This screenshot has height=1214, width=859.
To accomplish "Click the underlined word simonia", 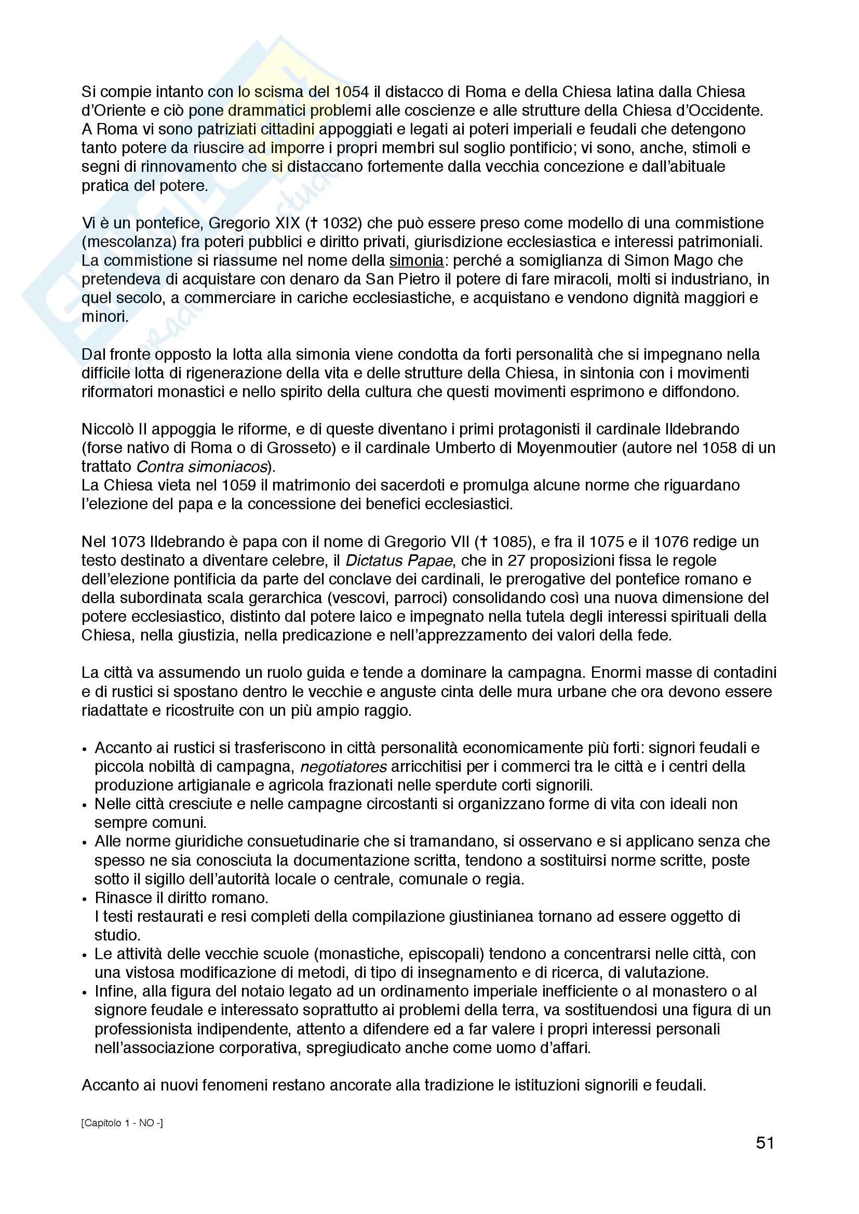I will click(417, 261).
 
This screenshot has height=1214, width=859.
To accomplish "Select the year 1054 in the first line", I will click(351, 92).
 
